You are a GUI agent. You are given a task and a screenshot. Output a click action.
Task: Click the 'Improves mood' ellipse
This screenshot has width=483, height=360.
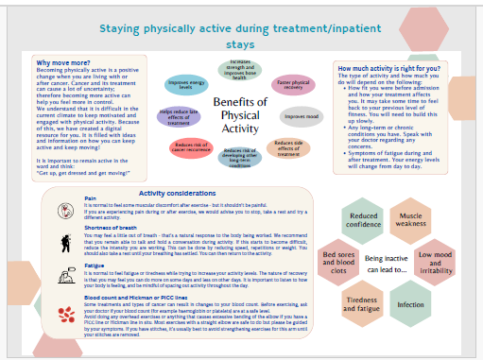(x=301, y=117)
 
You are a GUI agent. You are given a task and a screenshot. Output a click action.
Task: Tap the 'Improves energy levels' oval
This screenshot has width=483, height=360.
(x=187, y=84)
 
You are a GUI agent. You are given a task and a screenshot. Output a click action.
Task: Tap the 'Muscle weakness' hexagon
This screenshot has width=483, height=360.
(x=409, y=220)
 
